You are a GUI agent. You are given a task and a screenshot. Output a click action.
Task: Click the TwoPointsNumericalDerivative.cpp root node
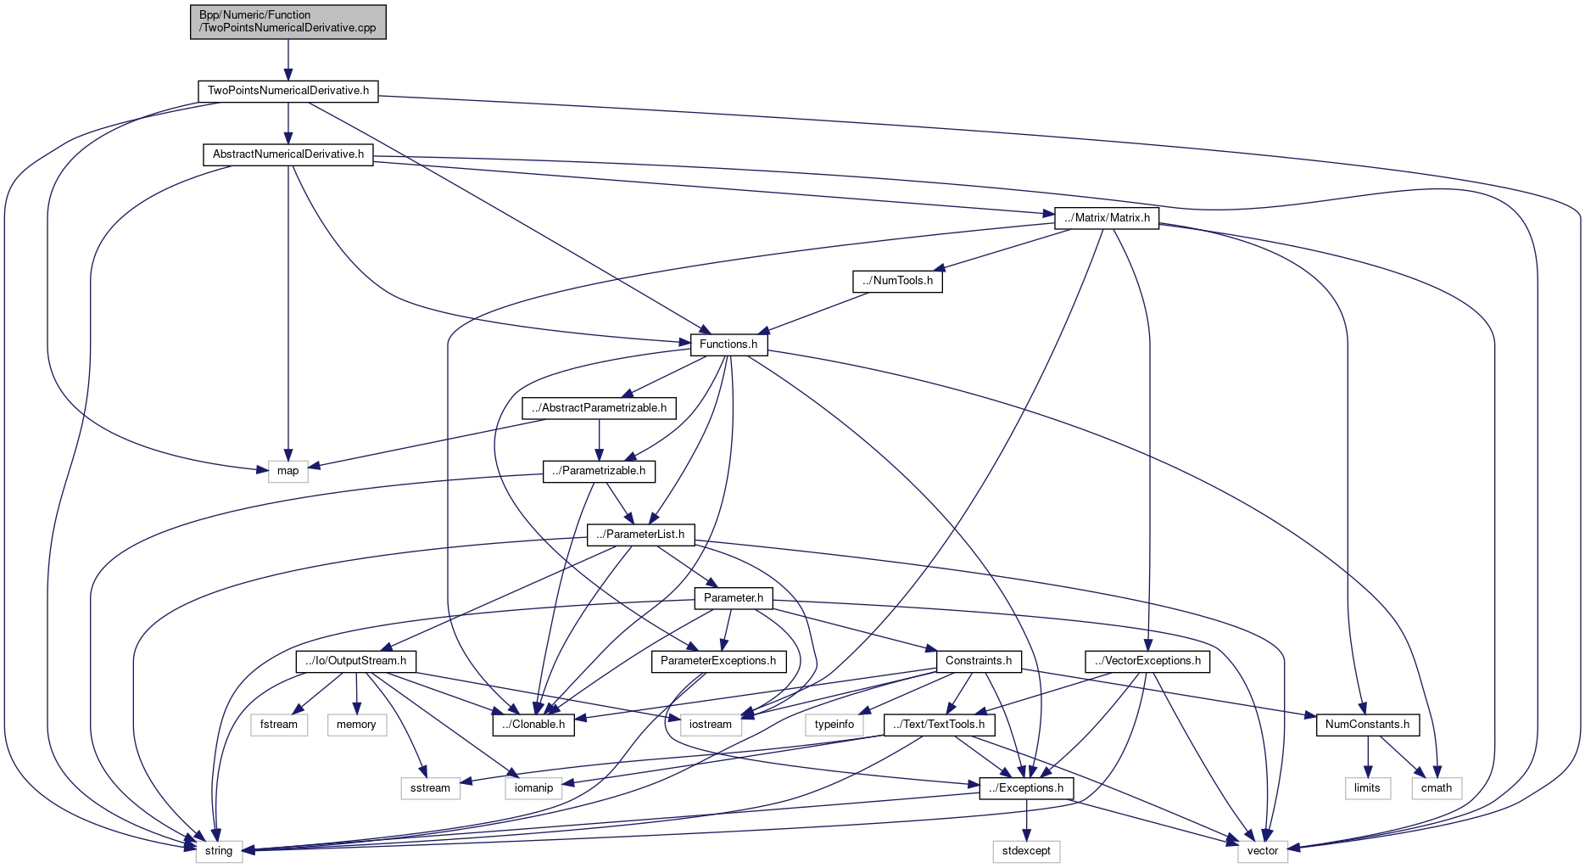click(x=288, y=21)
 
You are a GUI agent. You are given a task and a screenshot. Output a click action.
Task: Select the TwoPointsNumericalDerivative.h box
click(x=288, y=91)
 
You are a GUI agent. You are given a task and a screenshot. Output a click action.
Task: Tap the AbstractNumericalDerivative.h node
click(x=288, y=154)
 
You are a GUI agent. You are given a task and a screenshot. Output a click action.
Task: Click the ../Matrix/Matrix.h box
click(x=1107, y=218)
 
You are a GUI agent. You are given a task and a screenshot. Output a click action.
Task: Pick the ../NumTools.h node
click(x=897, y=281)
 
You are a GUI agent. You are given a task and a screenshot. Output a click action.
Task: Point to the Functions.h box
click(x=728, y=344)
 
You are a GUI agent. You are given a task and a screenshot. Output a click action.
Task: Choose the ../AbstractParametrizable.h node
click(x=599, y=408)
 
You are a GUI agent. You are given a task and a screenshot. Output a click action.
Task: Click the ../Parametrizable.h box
click(x=599, y=471)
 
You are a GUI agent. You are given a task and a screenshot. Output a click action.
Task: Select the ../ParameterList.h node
click(x=640, y=535)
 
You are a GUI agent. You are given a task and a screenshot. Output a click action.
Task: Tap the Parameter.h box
click(x=734, y=598)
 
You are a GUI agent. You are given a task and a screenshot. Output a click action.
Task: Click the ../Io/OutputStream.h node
click(x=355, y=661)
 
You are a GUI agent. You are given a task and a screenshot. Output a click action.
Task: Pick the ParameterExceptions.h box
click(x=718, y=661)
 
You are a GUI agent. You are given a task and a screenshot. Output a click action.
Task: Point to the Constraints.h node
click(x=979, y=661)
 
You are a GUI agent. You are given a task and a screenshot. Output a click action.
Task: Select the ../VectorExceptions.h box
click(x=1147, y=661)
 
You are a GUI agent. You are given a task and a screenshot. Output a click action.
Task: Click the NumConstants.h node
click(x=1367, y=725)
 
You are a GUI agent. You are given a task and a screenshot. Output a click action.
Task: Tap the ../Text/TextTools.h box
click(x=939, y=725)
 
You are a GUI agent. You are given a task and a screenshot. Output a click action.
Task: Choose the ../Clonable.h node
click(x=533, y=725)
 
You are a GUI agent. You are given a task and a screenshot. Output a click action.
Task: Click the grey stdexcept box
click(x=1026, y=851)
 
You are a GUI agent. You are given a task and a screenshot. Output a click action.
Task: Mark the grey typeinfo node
click(x=834, y=725)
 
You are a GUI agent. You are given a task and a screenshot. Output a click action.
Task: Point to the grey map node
click(x=288, y=471)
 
